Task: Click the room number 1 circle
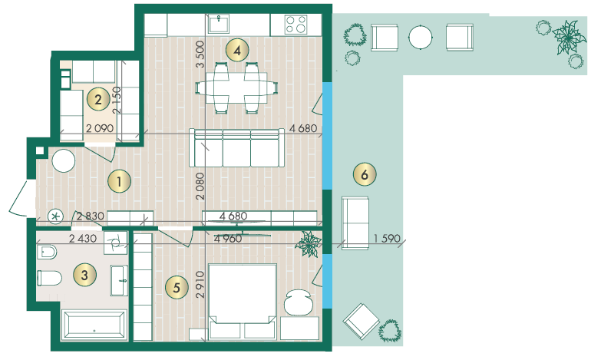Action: pyautogui.click(x=119, y=181)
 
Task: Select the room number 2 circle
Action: pyautogui.click(x=98, y=100)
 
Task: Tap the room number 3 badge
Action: pyautogui.click(x=84, y=275)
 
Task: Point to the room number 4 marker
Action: pyautogui.click(x=236, y=50)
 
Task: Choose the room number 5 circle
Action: pyautogui.click(x=177, y=288)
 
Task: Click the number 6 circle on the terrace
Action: pyautogui.click(x=365, y=174)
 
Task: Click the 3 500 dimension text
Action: pyautogui.click(x=200, y=54)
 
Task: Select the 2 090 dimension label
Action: pyautogui.click(x=100, y=128)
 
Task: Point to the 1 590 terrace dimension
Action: pyautogui.click(x=387, y=238)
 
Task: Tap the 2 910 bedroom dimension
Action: pyautogui.click(x=200, y=285)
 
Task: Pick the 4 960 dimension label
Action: pyautogui.click(x=228, y=238)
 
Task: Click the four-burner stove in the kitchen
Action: pyautogui.click(x=295, y=25)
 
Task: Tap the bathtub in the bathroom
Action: pyautogui.click(x=94, y=324)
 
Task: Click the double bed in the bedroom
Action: pyautogui.click(x=243, y=301)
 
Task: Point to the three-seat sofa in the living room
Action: pyautogui.click(x=236, y=148)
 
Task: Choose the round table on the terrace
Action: pyautogui.click(x=421, y=37)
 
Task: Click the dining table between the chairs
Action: pyautogui.click(x=236, y=88)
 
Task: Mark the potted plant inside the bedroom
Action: pyautogui.click(x=309, y=243)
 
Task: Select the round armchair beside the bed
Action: pyautogui.click(x=299, y=302)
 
